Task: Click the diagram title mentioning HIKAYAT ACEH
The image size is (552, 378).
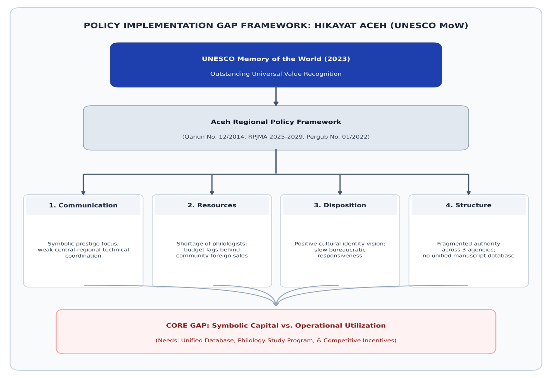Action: click(x=276, y=26)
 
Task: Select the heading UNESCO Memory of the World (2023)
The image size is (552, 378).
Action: click(x=276, y=59)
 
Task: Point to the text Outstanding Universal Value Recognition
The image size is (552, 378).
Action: click(x=276, y=74)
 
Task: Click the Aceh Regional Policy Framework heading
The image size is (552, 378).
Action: click(x=276, y=122)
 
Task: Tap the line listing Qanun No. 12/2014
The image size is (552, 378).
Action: click(x=276, y=137)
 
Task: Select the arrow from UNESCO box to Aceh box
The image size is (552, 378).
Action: click(x=276, y=96)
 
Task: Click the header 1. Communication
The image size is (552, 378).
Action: click(x=83, y=205)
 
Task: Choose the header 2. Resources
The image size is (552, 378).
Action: click(x=212, y=205)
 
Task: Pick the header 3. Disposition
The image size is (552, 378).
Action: click(x=340, y=205)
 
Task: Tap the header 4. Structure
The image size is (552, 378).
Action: click(x=469, y=205)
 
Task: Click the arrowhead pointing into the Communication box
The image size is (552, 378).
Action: click(x=83, y=192)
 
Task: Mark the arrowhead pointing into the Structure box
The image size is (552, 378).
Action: click(x=469, y=192)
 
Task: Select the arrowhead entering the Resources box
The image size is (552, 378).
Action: click(x=212, y=192)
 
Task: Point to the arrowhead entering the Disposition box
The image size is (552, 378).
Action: click(x=340, y=192)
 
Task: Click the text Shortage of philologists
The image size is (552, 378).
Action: click(x=212, y=244)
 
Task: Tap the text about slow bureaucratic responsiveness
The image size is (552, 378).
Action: click(x=340, y=253)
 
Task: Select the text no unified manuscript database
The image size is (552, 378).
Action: click(x=469, y=256)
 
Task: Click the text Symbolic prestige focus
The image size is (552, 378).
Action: click(x=83, y=244)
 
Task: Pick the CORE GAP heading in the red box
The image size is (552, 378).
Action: click(x=276, y=326)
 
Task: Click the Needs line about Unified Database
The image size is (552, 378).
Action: click(x=276, y=341)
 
